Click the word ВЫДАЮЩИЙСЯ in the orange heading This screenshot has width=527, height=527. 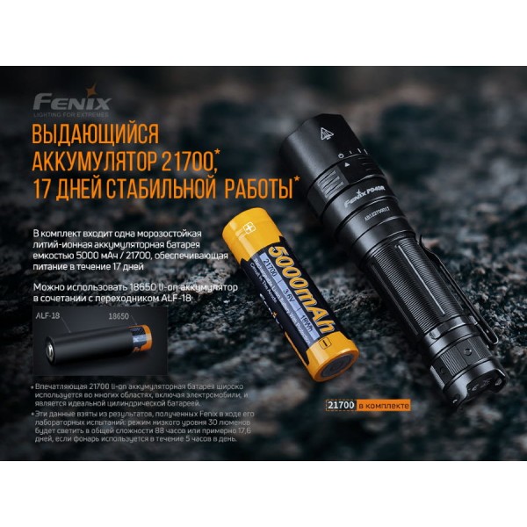coord(95,135)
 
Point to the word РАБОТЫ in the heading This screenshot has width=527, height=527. coord(256,186)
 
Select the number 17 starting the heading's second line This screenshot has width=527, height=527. coord(43,186)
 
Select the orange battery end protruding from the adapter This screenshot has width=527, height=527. coord(141,337)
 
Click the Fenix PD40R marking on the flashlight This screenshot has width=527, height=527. coord(362,198)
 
